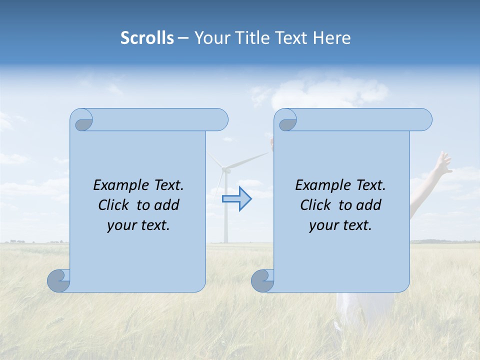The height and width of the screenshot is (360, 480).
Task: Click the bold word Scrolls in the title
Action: coord(147,38)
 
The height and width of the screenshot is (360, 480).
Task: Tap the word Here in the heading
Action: coord(331,38)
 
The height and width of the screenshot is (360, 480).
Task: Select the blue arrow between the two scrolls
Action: coord(236,199)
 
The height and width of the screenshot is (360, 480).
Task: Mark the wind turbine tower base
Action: coord(225,241)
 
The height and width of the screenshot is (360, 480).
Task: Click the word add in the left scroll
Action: coord(167,205)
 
